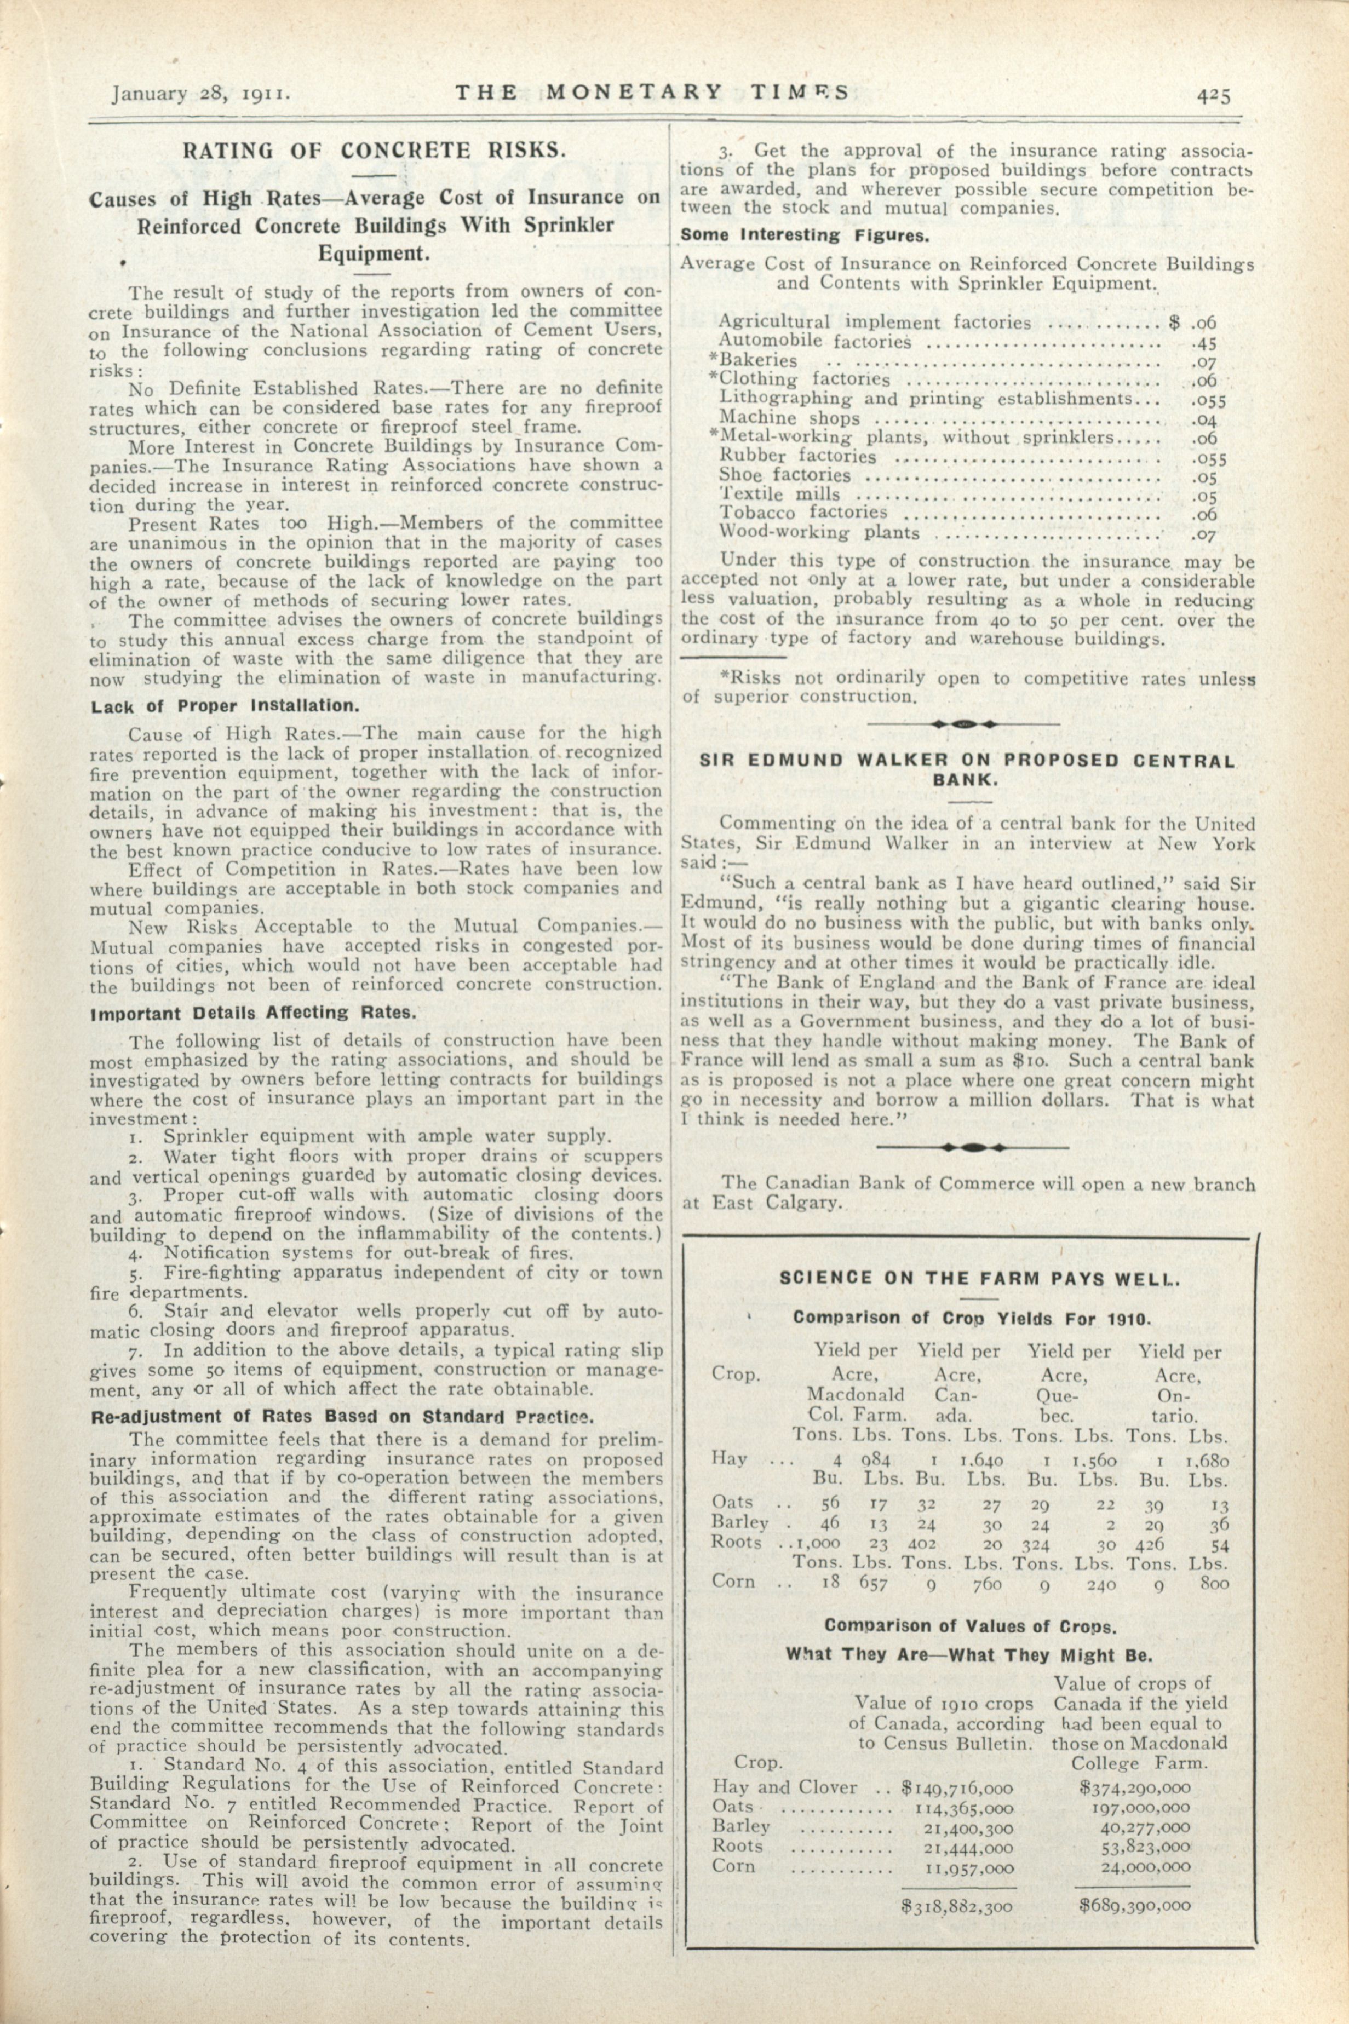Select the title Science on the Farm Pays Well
point(980,1278)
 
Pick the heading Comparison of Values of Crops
point(969,1626)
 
